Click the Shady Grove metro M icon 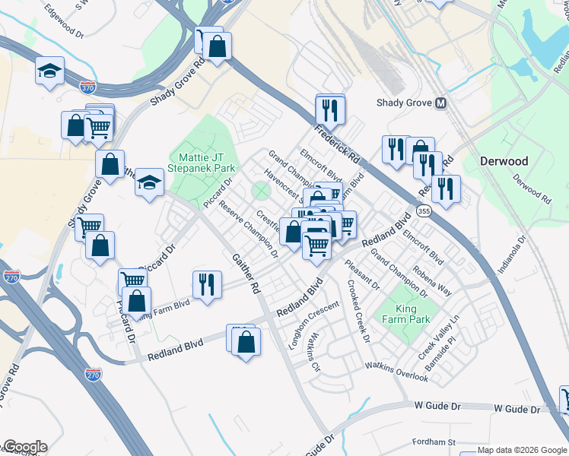440,103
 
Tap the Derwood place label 504,161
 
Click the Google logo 24,447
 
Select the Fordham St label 433,442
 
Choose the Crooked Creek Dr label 358,313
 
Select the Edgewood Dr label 64,23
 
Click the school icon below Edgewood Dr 50,71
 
